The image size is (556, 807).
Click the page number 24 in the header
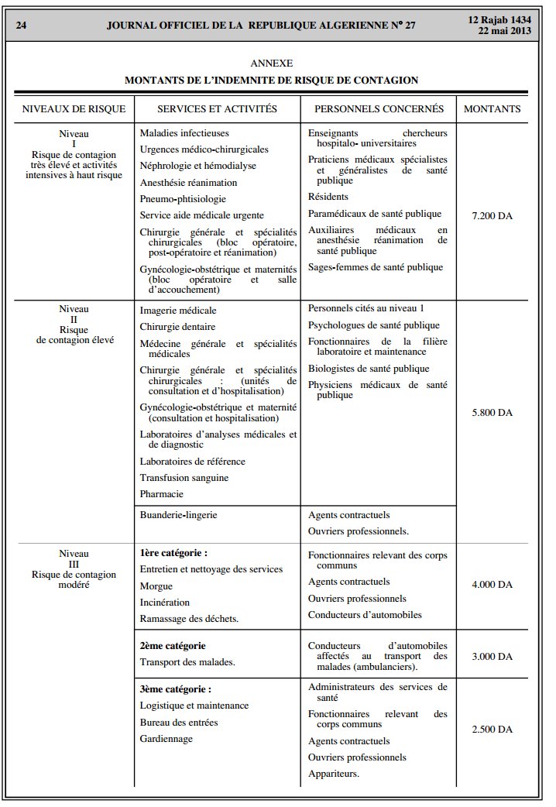click(22, 25)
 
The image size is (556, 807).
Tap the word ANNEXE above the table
click(272, 63)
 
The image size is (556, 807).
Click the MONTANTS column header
click(492, 109)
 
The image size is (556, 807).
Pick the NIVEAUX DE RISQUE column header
click(74, 109)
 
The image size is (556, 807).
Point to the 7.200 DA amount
click(492, 216)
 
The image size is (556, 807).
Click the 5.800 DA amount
click(492, 413)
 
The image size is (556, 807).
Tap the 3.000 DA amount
click(492, 656)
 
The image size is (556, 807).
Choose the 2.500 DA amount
click(492, 730)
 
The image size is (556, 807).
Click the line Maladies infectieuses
click(184, 133)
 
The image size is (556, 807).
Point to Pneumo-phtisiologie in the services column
click(183, 199)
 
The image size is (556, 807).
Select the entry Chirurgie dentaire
click(177, 327)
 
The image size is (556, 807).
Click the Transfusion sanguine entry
click(184, 478)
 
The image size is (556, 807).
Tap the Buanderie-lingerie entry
click(178, 514)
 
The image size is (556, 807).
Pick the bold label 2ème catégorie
click(173, 645)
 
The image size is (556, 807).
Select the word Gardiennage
click(166, 739)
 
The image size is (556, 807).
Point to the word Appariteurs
click(333, 774)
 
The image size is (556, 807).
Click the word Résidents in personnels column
click(328, 197)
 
